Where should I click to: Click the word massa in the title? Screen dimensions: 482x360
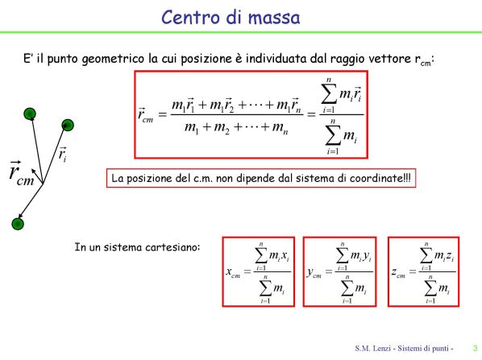[x=274, y=19]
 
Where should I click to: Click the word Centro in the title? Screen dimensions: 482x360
[x=191, y=17]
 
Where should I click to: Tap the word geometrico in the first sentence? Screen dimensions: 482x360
[x=113, y=59]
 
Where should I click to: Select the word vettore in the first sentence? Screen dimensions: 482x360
[x=390, y=58]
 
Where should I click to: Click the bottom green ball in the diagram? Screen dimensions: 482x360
[x=18, y=224]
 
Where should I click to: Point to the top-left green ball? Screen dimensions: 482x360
[x=30, y=114]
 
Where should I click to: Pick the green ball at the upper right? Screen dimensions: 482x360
[x=68, y=125]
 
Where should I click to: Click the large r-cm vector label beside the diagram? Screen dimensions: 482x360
[x=21, y=173]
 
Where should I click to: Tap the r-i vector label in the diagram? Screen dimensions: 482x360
[x=62, y=155]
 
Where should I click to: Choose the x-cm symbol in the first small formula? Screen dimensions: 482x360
[x=233, y=272]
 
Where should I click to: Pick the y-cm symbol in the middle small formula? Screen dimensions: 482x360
[x=314, y=273]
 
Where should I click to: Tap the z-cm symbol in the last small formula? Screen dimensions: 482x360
[x=398, y=272]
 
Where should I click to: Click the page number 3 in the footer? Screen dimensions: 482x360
[x=476, y=349]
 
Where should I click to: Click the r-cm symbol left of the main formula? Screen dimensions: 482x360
[x=145, y=115]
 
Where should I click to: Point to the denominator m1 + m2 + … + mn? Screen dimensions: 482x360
[x=236, y=128]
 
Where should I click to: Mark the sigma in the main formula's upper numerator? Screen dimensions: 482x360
[x=329, y=94]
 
